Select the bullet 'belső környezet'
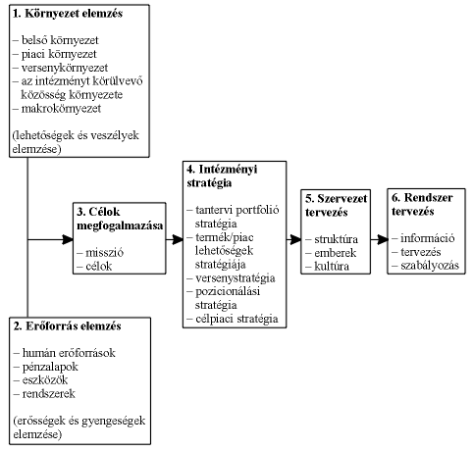pos(62,40)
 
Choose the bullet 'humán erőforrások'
pos(70,351)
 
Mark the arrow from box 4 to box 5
pos(294,238)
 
